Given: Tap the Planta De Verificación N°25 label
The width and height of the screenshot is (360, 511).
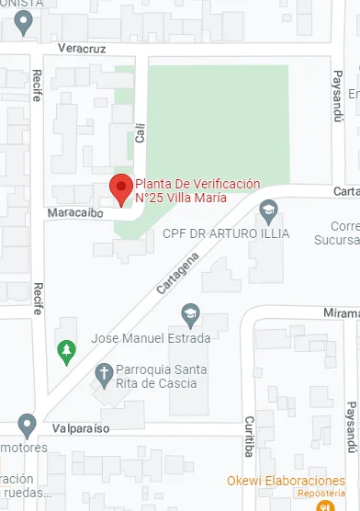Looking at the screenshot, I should pos(197,189).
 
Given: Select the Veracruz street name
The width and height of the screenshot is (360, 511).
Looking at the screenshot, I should pos(82,47).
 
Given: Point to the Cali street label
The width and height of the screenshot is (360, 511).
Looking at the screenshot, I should pos(141,135).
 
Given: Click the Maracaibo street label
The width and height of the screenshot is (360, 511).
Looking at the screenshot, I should pos(78,213).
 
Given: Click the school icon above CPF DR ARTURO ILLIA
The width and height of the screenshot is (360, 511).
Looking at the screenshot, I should pos(268,211).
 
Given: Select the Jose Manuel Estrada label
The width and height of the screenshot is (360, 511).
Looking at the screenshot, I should pos(151,338).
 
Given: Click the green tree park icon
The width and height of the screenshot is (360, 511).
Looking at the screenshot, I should pos(65,351).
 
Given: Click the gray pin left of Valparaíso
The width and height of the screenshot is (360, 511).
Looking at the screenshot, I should pos(27,426).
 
